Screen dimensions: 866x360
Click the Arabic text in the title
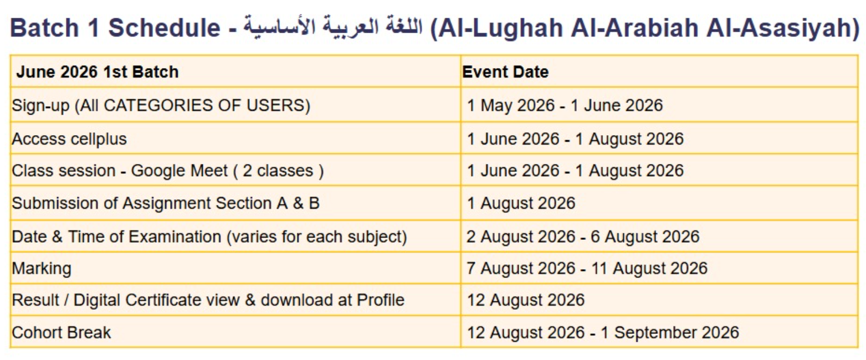point(333,27)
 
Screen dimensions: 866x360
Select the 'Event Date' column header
point(505,72)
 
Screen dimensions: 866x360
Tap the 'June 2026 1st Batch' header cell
point(98,72)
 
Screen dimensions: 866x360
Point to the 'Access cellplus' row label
point(69,139)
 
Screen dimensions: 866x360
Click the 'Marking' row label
point(42,269)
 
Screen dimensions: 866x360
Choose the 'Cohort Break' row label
point(62,332)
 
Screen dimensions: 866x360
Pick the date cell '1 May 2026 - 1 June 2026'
point(565,105)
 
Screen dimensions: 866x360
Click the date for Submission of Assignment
point(521,203)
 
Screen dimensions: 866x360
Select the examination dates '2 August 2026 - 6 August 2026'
point(583,236)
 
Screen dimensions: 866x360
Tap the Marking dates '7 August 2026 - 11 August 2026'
point(587,268)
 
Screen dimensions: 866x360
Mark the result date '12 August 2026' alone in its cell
point(526,300)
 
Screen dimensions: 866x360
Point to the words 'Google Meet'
point(180,171)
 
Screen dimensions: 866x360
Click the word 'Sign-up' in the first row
point(40,106)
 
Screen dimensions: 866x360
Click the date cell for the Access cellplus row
point(575,139)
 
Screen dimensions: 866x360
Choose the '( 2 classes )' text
point(278,171)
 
